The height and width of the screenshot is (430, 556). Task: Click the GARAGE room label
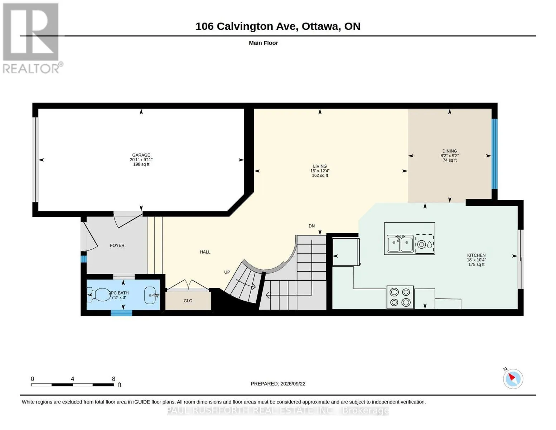141,155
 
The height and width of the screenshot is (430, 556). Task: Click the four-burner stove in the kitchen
400,297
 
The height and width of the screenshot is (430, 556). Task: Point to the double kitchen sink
400,244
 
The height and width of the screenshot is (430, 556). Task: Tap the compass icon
513,379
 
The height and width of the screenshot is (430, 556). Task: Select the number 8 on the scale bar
113,379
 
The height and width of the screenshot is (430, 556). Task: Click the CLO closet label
188,301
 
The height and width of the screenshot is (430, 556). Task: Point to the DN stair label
311,226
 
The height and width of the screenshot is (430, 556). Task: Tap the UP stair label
227,272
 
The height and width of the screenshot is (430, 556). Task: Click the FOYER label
117,245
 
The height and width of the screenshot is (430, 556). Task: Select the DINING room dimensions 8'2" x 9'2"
450,156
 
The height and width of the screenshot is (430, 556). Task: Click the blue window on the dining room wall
494,154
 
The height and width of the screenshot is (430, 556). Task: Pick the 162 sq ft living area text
320,176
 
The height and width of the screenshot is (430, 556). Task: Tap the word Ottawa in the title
321,27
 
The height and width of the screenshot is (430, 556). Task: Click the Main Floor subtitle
263,43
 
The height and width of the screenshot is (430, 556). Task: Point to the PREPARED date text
278,384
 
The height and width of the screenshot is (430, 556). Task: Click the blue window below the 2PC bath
121,313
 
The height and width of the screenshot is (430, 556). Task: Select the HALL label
205,252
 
